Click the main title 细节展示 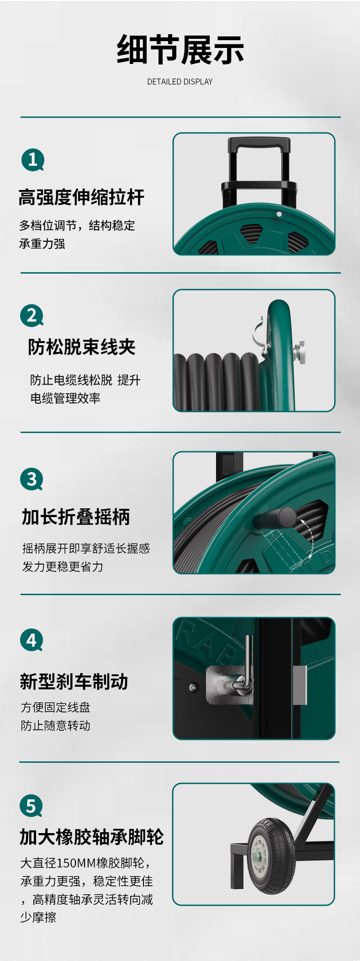[x=180, y=50]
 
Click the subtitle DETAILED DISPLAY [x=180, y=82]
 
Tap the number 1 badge [x=33, y=160]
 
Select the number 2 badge [x=32, y=316]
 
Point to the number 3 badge [x=32, y=480]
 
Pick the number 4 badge [x=32, y=640]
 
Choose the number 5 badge [x=31, y=806]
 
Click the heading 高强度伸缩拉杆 [x=82, y=197]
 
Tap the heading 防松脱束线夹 [x=82, y=347]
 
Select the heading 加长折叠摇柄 [x=76, y=517]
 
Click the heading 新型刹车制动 [x=74, y=681]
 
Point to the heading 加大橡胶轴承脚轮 [x=91, y=837]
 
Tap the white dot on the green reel [x=279, y=214]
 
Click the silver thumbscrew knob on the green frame [x=300, y=352]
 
